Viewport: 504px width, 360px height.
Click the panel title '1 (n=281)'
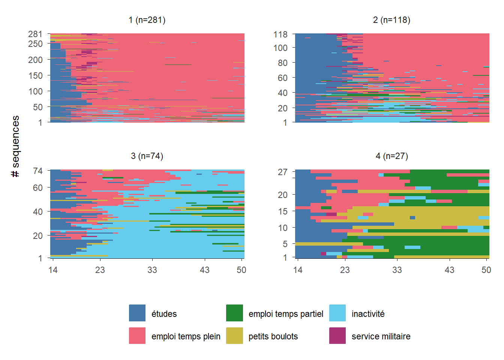pyautogui.click(x=147, y=20)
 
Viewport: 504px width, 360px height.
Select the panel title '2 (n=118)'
pyautogui.click(x=391, y=20)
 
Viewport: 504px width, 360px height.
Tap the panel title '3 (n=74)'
pyautogui.click(x=147, y=156)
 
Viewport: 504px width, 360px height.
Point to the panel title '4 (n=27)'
pyautogui.click(x=391, y=156)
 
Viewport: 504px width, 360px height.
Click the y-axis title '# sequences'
pyautogui.click(x=15, y=146)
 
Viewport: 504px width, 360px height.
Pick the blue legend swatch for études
pyautogui.click(x=137, y=313)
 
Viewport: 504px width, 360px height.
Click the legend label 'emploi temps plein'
pyautogui.click(x=186, y=336)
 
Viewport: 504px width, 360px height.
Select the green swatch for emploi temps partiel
pyautogui.click(x=234, y=313)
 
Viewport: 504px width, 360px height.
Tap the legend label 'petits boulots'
pyautogui.click(x=273, y=336)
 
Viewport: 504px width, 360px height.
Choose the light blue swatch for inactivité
pyautogui.click(x=337, y=313)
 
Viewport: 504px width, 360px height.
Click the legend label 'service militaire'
pyautogui.click(x=381, y=336)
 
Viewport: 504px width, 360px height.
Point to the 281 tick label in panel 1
pyautogui.click(x=35, y=34)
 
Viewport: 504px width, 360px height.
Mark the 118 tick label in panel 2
pyautogui.click(x=280, y=34)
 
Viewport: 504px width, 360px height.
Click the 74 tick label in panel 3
pyautogui.click(x=38, y=171)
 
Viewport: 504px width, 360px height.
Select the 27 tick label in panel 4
pyautogui.click(x=283, y=172)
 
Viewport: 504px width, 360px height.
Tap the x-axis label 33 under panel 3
pyautogui.click(x=152, y=270)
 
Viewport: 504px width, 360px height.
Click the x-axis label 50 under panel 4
pyautogui.click(x=486, y=270)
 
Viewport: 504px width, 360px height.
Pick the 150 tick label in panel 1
pyautogui.click(x=35, y=75)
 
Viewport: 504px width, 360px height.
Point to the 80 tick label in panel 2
pyautogui.click(x=283, y=63)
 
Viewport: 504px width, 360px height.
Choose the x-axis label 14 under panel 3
pyautogui.click(x=53, y=270)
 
